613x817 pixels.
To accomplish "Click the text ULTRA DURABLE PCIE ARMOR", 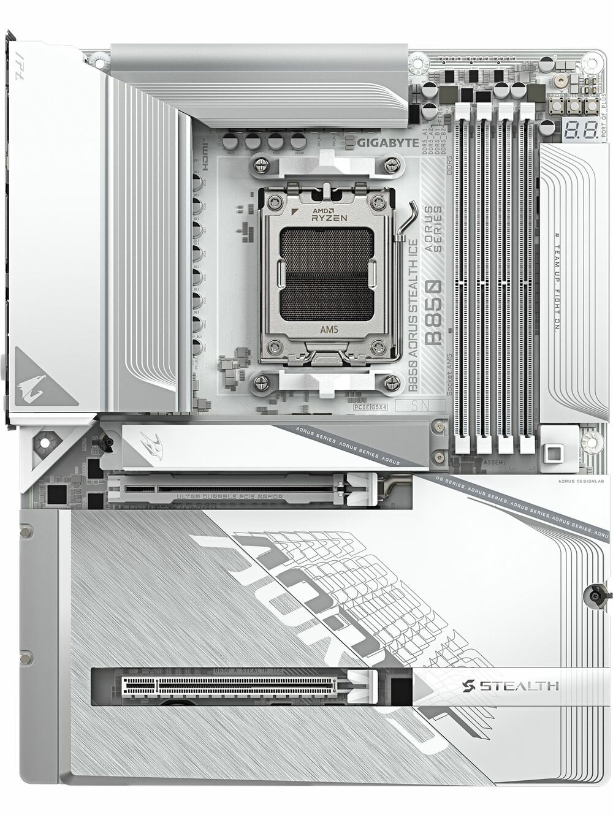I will [230, 496].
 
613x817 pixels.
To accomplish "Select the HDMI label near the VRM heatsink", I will [205, 151].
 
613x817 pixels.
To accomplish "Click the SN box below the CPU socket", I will [420, 405].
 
